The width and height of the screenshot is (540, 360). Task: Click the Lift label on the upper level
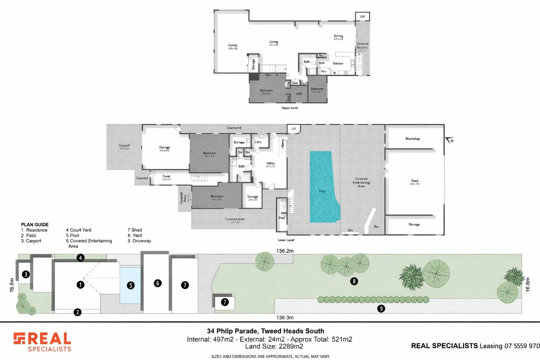pyautogui.click(x=362, y=17)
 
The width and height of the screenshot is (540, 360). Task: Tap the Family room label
pyautogui.click(x=233, y=45)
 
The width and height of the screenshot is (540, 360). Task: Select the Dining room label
pyautogui.click(x=338, y=36)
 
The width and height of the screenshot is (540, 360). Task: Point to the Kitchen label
pyautogui.click(x=338, y=64)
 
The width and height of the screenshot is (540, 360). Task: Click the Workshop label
pyautogui.click(x=412, y=139)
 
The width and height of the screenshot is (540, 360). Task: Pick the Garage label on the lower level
pyautogui.click(x=164, y=147)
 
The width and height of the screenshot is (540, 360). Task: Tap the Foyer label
pyautogui.click(x=166, y=176)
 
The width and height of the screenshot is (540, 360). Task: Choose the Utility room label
pyautogui.click(x=270, y=163)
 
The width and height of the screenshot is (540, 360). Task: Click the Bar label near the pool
pyautogui.click(x=376, y=227)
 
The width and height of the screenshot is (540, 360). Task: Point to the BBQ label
pyautogui.click(x=350, y=231)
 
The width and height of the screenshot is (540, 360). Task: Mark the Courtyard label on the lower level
pyautogui.click(x=234, y=128)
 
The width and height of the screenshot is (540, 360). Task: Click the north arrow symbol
pyautogui.click(x=449, y=141)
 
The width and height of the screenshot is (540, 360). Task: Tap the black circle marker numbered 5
pyautogui.click(x=131, y=285)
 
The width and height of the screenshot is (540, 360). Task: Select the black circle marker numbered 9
pyautogui.click(x=381, y=309)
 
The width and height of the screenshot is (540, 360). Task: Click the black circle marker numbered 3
pyautogui.click(x=26, y=274)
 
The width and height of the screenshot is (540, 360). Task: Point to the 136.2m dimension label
pyautogui.click(x=284, y=251)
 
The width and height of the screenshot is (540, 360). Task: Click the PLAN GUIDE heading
pyautogui.click(x=35, y=225)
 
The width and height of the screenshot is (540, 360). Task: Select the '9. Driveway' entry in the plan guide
pyautogui.click(x=139, y=241)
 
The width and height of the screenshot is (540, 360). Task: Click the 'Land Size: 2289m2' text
pyautogui.click(x=274, y=346)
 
